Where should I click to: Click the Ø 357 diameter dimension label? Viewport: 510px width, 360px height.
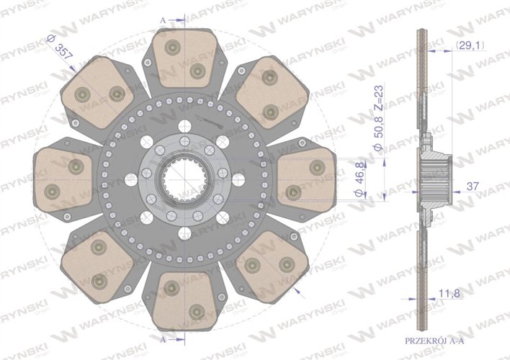tap(60, 48)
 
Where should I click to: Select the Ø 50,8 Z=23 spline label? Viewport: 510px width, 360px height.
tap(378, 118)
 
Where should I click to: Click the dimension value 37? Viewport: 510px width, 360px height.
tap(473, 186)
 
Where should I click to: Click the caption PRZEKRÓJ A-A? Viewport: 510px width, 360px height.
tap(434, 341)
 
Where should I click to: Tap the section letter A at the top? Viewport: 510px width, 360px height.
tap(163, 20)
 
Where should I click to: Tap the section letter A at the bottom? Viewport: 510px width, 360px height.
tap(163, 340)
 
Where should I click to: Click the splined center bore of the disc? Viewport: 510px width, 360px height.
tap(184, 180)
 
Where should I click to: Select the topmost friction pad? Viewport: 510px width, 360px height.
tap(184, 58)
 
